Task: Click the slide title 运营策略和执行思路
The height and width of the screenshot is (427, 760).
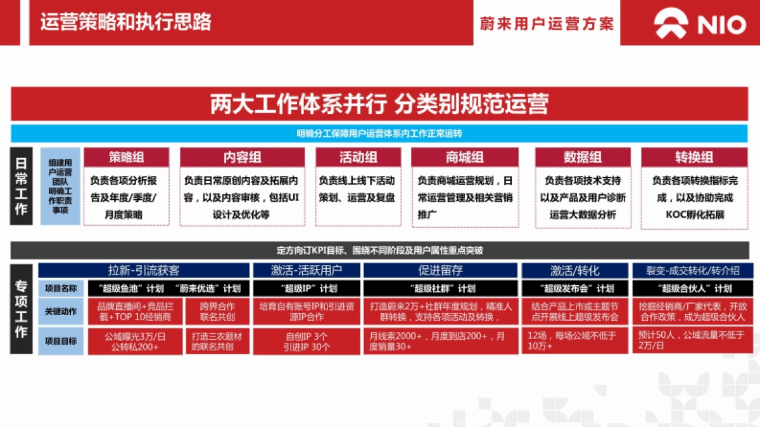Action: coord(125,22)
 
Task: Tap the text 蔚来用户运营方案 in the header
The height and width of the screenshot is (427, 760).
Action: coord(547,23)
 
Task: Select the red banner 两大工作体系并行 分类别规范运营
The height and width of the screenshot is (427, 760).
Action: coord(379,104)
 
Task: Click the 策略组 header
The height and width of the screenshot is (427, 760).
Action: coord(127,158)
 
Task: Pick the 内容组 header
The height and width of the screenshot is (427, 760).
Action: coord(242,158)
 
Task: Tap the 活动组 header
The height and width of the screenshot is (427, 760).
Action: coord(358,158)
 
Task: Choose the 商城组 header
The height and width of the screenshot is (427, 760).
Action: coord(465,158)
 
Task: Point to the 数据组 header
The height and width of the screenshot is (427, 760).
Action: coord(583,158)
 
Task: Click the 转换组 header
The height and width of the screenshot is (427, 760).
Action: coord(694,158)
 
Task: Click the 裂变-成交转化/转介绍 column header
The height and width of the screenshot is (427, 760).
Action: coord(692,270)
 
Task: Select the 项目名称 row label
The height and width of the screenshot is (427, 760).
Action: coord(61,288)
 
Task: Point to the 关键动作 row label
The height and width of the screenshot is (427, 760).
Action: coord(61,311)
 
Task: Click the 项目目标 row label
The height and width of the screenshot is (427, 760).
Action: coord(61,341)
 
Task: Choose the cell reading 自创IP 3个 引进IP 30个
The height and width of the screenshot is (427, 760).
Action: coord(307,342)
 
